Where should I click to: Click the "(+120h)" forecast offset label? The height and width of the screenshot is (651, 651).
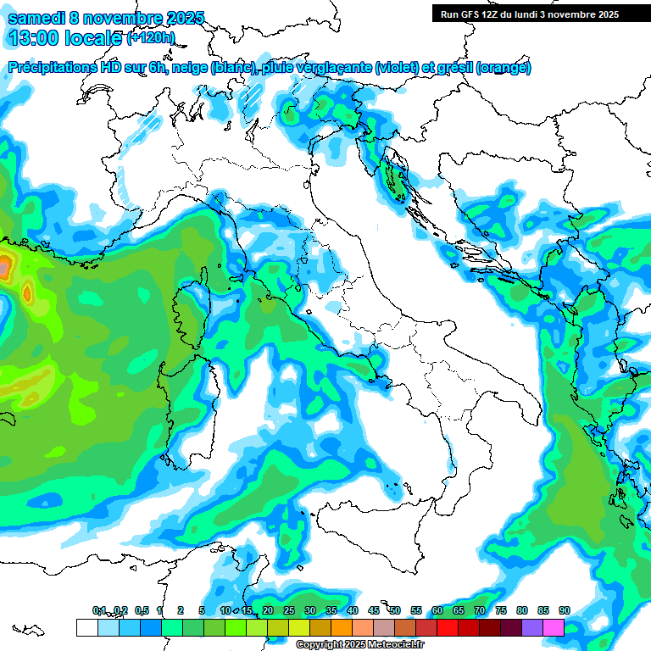[151, 38]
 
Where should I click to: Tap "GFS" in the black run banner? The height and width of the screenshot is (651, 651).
[472, 14]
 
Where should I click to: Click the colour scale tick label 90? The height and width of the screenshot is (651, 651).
[564, 610]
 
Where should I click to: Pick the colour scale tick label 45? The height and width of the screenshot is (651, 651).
[374, 610]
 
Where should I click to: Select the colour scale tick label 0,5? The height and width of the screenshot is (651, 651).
[141, 610]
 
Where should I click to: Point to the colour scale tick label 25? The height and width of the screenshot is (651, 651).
[289, 610]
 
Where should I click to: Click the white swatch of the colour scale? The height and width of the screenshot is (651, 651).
[86, 627]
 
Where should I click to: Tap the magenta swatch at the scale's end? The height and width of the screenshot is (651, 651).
[554, 627]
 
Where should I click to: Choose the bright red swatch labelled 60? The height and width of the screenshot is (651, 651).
[448, 627]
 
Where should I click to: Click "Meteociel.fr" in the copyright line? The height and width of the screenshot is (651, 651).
[397, 645]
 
